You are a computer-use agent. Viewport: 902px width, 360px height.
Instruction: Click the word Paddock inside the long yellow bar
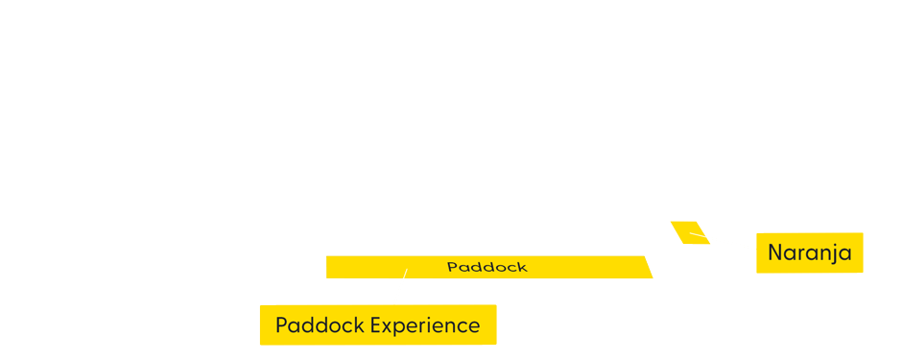(487, 267)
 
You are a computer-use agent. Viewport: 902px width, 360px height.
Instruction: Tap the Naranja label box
(809, 252)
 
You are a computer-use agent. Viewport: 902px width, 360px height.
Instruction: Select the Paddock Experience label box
(377, 324)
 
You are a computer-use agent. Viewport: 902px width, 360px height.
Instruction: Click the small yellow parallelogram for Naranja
(690, 232)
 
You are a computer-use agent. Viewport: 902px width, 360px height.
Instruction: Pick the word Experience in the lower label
(425, 325)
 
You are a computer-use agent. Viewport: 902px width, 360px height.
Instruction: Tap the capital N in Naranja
(775, 253)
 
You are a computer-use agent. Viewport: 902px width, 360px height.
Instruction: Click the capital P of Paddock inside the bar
(452, 267)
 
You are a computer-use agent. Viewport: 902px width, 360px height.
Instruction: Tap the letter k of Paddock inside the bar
(522, 267)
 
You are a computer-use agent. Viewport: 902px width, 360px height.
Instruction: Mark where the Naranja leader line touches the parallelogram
(692, 233)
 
